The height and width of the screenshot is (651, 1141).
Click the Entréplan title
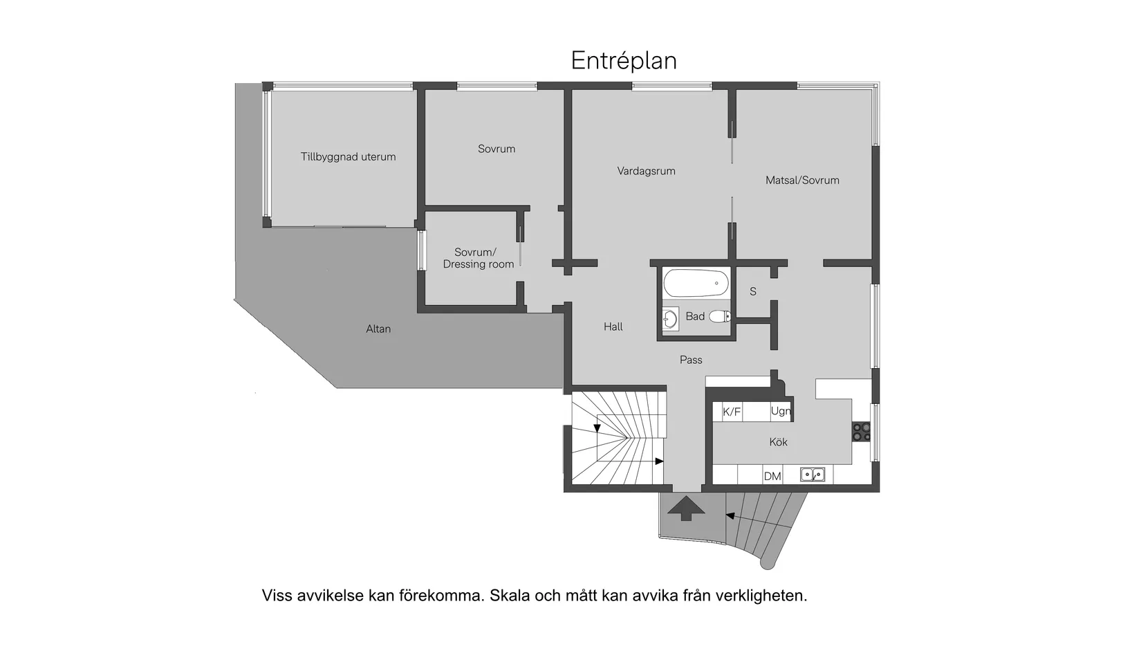(x=623, y=61)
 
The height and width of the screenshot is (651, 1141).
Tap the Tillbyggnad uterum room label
(x=348, y=157)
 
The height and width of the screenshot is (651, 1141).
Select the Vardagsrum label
(x=646, y=171)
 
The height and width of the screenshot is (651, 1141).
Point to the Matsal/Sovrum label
(x=802, y=181)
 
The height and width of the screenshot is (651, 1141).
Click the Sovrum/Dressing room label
(x=478, y=258)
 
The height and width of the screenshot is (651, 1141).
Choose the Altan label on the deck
(x=378, y=329)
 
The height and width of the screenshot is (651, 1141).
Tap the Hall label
(x=613, y=327)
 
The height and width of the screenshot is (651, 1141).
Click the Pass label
(x=690, y=360)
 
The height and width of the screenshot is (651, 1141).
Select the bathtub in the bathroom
(x=696, y=284)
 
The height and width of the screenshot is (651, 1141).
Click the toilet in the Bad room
(x=721, y=317)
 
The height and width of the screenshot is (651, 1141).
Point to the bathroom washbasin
(x=669, y=319)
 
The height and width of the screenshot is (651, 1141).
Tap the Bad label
(x=695, y=317)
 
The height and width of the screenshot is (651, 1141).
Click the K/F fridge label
(x=732, y=412)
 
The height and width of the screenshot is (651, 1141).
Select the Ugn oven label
(x=781, y=412)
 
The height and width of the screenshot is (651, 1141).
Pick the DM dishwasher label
(x=772, y=476)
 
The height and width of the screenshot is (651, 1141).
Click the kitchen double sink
(x=813, y=475)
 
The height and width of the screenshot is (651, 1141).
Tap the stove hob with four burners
(x=862, y=431)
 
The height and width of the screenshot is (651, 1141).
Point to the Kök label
(x=778, y=442)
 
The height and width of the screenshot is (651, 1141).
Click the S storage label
(x=753, y=292)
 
